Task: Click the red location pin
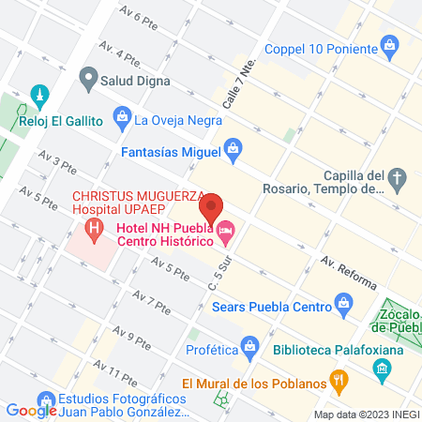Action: pyautogui.click(x=212, y=208)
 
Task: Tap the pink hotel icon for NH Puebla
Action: pyautogui.click(x=225, y=229)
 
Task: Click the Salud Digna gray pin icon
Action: pyautogui.click(x=89, y=76)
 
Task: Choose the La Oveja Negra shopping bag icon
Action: pyautogui.click(x=121, y=117)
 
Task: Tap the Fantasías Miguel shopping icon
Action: pyautogui.click(x=233, y=148)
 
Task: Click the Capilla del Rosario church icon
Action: pyautogui.click(x=399, y=177)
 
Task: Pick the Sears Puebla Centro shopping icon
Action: pyautogui.click(x=344, y=305)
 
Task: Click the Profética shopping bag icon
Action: pyautogui.click(x=250, y=345)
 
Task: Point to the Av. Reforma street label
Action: pyautogui.click(x=349, y=272)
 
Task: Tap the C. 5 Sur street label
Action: pyautogui.click(x=220, y=271)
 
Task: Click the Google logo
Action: pyautogui.click(x=32, y=410)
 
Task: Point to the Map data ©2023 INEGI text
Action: pyautogui.click(x=365, y=414)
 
